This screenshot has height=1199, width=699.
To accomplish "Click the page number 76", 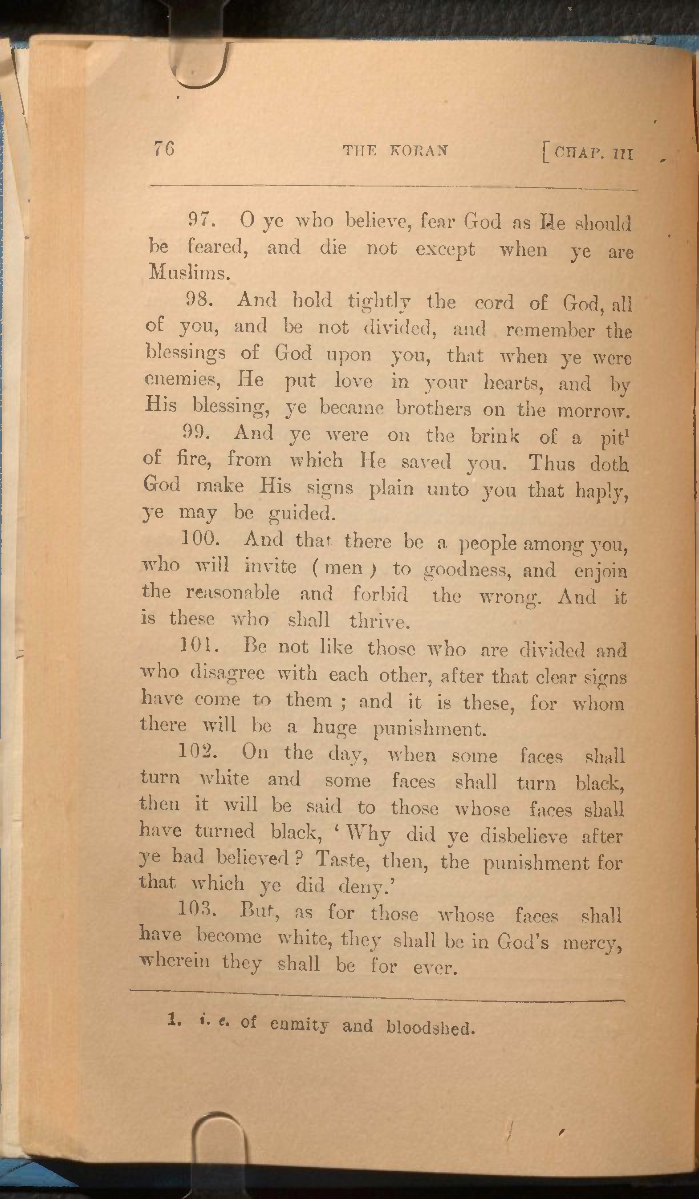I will [164, 149].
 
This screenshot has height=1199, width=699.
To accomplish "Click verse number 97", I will [202, 219].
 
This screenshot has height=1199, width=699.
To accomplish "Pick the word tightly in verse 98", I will [379, 302].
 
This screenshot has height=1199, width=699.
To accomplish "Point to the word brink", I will [496, 436].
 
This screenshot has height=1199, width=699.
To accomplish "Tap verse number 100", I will [200, 539].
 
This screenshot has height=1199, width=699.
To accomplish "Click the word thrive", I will [379, 621].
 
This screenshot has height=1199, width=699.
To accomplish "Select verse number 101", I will [199, 646].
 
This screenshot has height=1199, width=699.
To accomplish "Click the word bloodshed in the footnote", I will [430, 1028].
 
